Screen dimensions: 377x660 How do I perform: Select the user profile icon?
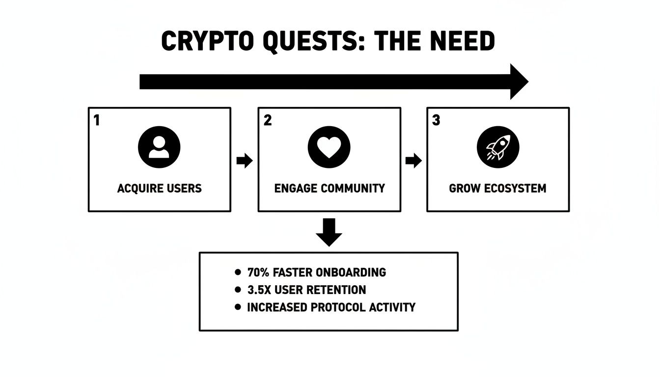point(159,147)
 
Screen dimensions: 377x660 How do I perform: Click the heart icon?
point(329,147)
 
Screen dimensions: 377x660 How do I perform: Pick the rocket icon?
point(497,147)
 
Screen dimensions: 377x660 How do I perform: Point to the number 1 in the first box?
point(97,120)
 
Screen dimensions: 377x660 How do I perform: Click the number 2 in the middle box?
point(268,120)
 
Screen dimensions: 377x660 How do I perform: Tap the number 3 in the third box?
point(436,120)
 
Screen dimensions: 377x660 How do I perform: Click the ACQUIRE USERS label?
point(159,188)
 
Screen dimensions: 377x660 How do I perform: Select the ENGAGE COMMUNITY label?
point(329,188)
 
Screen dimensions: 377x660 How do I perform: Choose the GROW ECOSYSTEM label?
point(497,188)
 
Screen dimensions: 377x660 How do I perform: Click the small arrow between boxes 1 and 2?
point(244,161)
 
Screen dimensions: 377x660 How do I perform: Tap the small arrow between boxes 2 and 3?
point(413,161)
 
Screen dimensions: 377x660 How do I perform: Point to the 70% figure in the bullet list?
point(259,272)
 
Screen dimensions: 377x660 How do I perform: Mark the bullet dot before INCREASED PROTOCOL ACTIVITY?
point(238,307)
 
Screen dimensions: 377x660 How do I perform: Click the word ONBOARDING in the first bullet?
point(351,272)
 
